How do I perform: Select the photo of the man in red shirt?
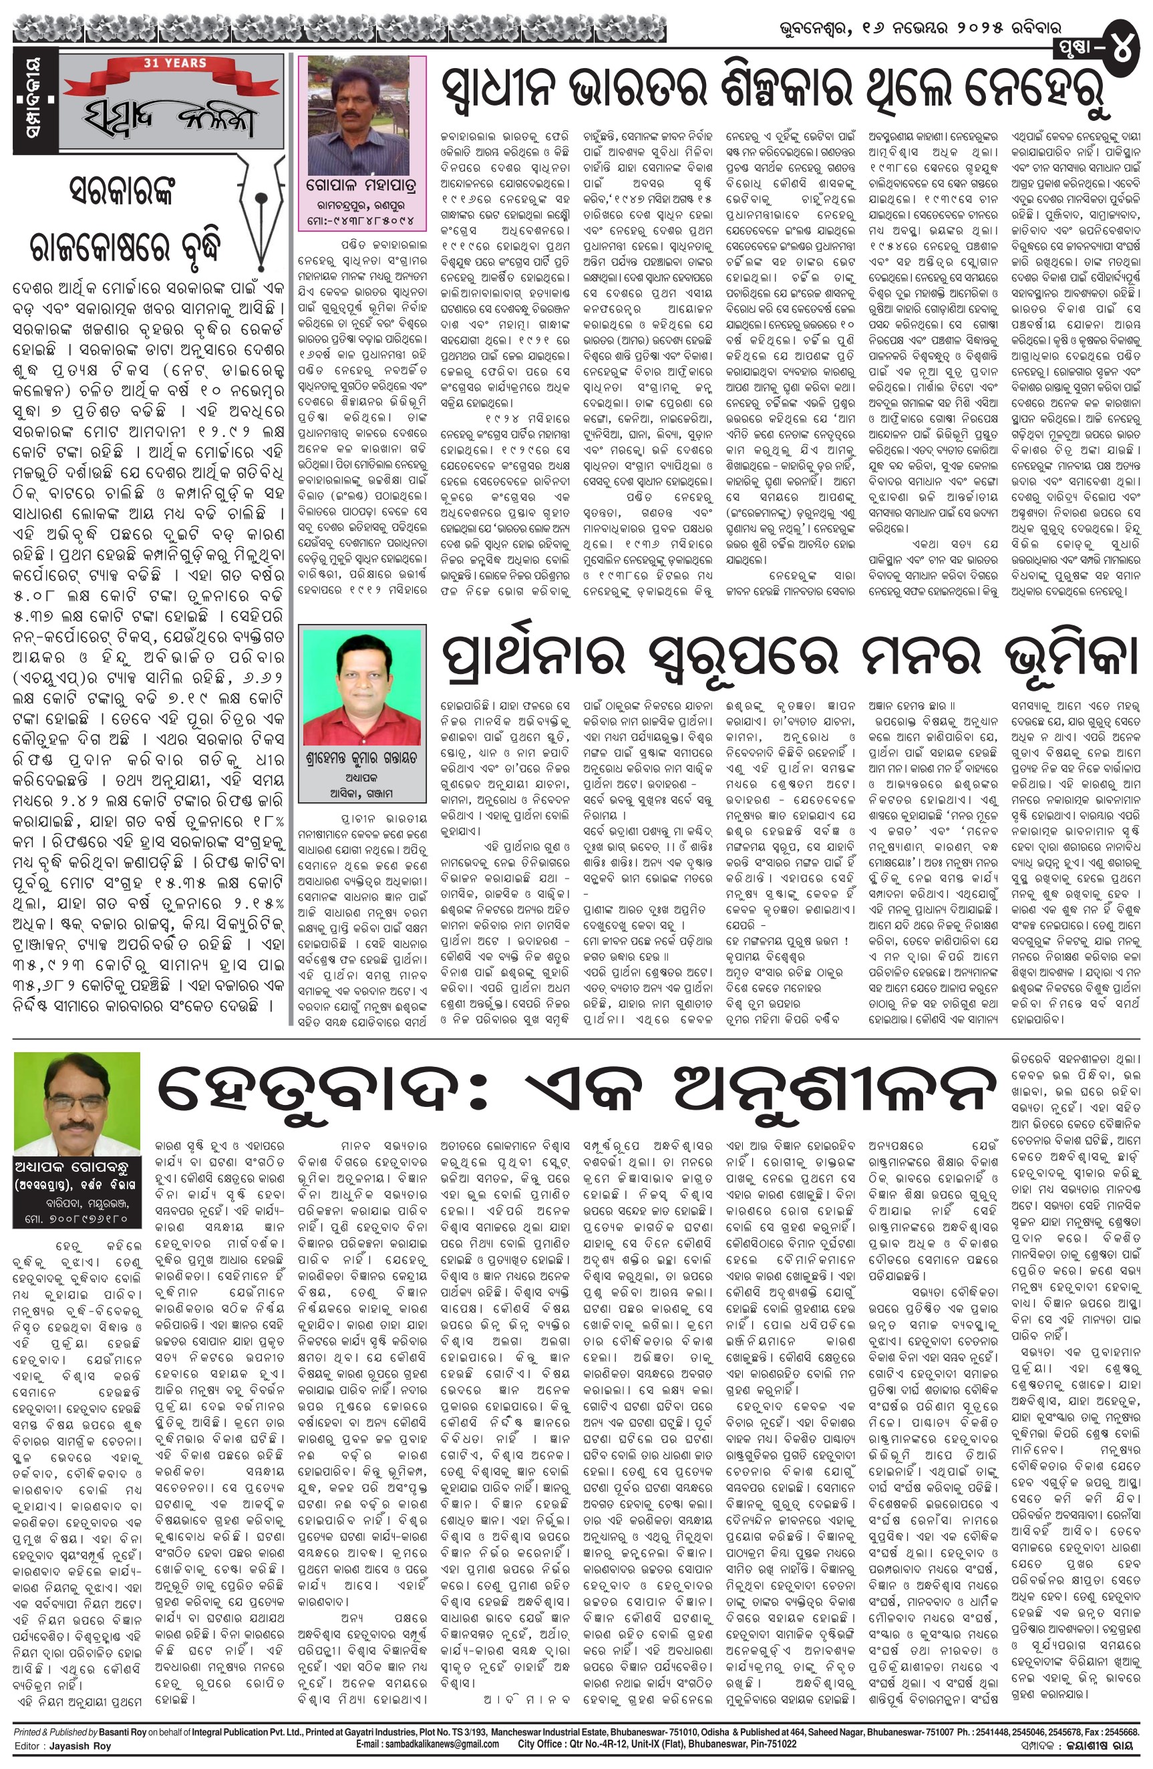pyautogui.click(x=361, y=685)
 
